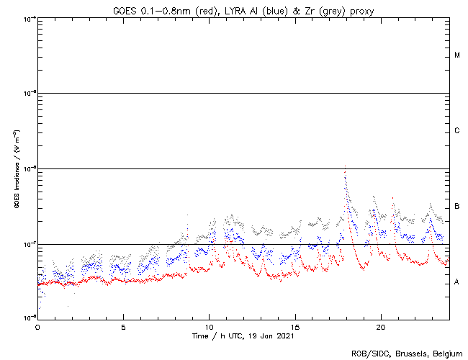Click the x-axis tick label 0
(x=37, y=326)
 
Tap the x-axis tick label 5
(x=123, y=326)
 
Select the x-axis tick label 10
(x=209, y=326)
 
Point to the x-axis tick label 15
(x=294, y=326)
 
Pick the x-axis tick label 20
(x=380, y=326)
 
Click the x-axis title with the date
(x=243, y=336)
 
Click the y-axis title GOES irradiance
(x=16, y=169)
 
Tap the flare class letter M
(x=457, y=55)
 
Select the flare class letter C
(x=457, y=131)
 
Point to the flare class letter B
(x=457, y=207)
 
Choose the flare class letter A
(x=457, y=282)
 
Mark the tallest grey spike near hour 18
(x=346, y=167)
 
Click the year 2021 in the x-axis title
(x=285, y=336)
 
